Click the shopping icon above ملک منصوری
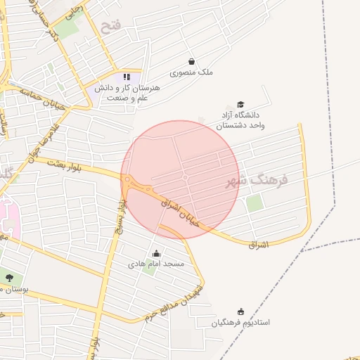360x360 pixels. click(x=192, y=61)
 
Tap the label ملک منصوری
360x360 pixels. click(x=192, y=72)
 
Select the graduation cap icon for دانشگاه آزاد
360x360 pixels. click(x=241, y=104)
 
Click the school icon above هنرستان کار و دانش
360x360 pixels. click(x=127, y=77)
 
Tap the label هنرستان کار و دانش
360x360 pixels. click(x=127, y=93)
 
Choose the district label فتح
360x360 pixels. click(x=111, y=27)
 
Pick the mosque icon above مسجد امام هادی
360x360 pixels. click(x=156, y=253)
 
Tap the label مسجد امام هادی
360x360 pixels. click(x=155, y=264)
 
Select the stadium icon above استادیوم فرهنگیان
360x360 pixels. click(x=241, y=311)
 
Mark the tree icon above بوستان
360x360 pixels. click(x=9, y=278)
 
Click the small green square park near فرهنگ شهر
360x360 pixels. click(x=255, y=202)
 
